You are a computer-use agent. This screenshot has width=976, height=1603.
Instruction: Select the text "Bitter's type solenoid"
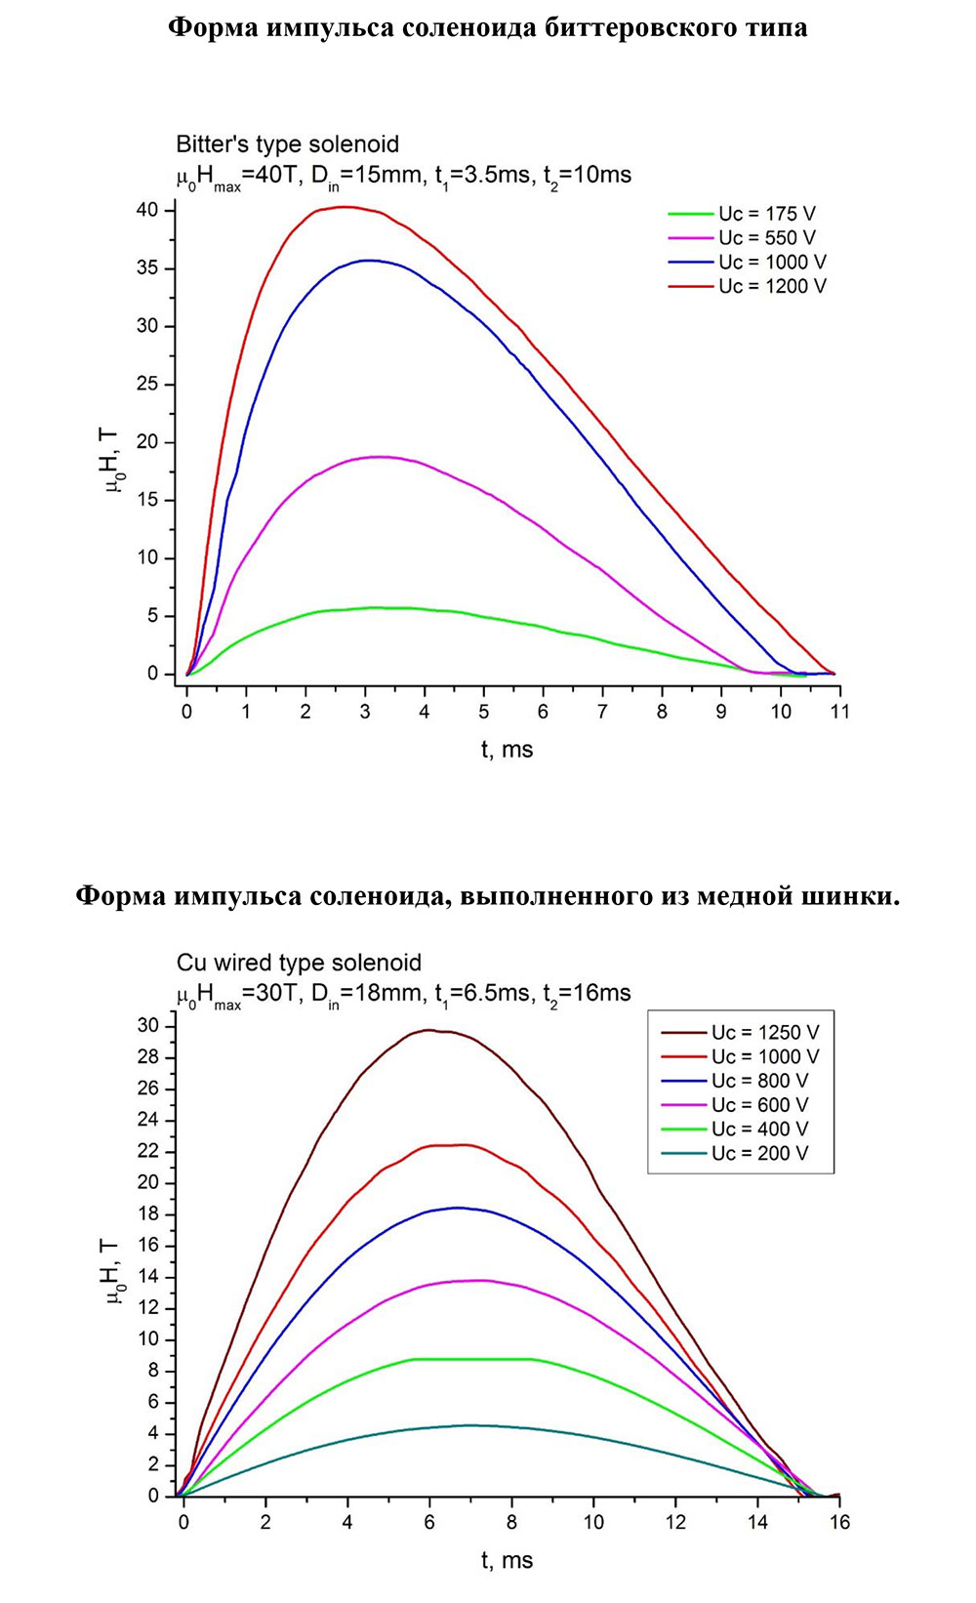point(287,144)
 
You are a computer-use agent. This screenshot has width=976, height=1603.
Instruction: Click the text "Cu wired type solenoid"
point(299,964)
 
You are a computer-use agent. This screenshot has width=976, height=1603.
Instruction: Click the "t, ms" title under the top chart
point(507,750)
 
